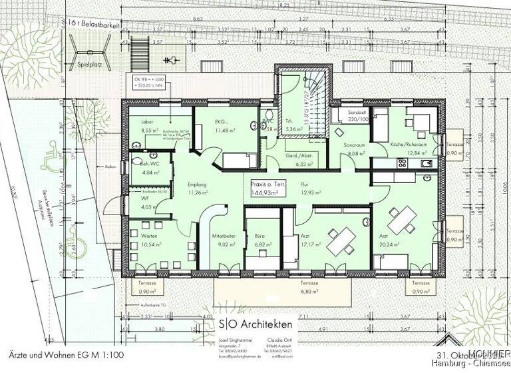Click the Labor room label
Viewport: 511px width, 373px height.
147,123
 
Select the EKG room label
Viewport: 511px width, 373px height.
223,123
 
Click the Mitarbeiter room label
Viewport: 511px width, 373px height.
221,236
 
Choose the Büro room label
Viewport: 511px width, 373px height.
259,236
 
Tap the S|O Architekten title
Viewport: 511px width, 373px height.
255,324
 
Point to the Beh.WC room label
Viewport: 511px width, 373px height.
148,164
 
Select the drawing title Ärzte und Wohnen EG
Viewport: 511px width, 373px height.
67,356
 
